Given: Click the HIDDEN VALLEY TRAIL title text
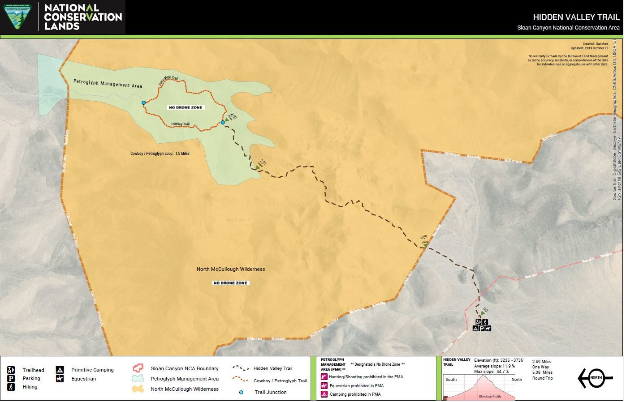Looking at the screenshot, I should pos(576,17).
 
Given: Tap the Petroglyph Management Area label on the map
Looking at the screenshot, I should pos(108,84).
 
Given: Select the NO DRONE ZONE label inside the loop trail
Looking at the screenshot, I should pos(186,107).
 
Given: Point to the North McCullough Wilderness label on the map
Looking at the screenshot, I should pos(231,269).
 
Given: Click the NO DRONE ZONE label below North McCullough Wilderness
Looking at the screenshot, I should pos(230,283).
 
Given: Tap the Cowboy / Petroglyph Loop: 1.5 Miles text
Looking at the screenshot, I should pos(160,154).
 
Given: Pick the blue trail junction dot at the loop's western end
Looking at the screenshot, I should pos(143,103).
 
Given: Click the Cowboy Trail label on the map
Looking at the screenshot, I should pos(180,124).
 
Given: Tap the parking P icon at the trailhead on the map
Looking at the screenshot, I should pos(482,328).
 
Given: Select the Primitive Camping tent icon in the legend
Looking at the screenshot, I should pos(60,370).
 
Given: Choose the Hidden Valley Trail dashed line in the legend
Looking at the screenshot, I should pos(240,368).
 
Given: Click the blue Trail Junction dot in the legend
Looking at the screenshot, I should pos(242,392).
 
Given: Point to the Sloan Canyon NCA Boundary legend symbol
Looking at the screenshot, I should pos(138,368).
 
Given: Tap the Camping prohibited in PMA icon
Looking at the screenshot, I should pos(324,394).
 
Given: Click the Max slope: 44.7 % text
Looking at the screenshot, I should pos(491,372).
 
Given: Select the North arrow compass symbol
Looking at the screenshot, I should pos(595,378).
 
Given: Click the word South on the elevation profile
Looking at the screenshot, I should pos(451,380).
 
